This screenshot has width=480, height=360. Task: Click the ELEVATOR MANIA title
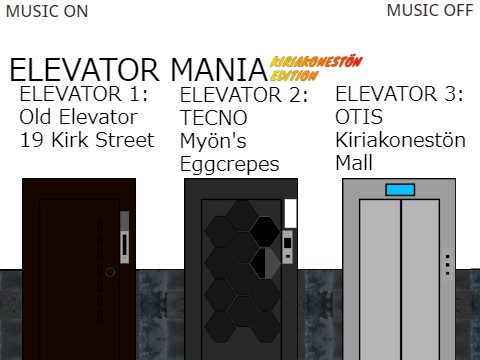pos(137,70)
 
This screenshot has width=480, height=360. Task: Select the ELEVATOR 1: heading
pos(84,95)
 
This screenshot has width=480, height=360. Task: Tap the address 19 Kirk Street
pos(87,140)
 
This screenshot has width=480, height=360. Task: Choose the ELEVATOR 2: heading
pos(243,96)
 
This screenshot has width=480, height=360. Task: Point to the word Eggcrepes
pos(229,164)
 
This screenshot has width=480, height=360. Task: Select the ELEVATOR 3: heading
pos(399,94)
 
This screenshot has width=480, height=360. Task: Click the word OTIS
pos(359,117)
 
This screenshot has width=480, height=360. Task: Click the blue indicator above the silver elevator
pos(400,190)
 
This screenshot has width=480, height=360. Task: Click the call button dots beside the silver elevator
pos(447,264)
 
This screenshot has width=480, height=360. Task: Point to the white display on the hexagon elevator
pos(291,212)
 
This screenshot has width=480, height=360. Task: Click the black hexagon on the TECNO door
pos(265,231)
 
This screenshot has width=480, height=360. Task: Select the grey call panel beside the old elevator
pos(125,237)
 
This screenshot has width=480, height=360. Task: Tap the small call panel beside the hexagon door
pos(288,246)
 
